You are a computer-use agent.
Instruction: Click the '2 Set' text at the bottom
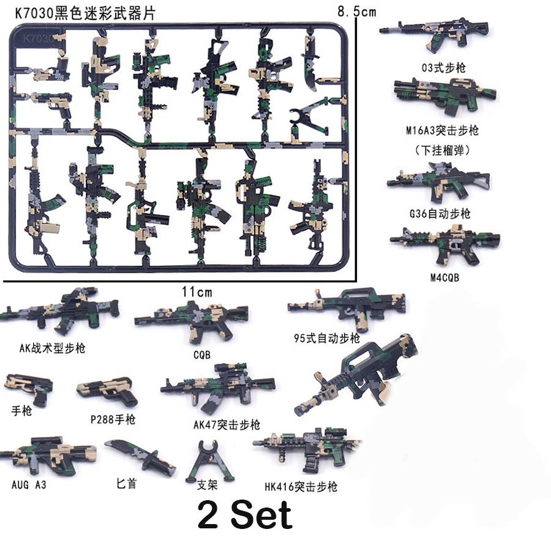click(x=244, y=515)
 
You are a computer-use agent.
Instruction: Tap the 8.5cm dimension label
click(x=356, y=12)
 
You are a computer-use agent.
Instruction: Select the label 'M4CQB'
click(x=444, y=277)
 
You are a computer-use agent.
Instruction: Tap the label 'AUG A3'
click(x=29, y=484)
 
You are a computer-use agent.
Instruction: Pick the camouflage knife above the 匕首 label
click(x=140, y=459)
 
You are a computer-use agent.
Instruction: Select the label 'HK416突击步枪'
click(x=301, y=487)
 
